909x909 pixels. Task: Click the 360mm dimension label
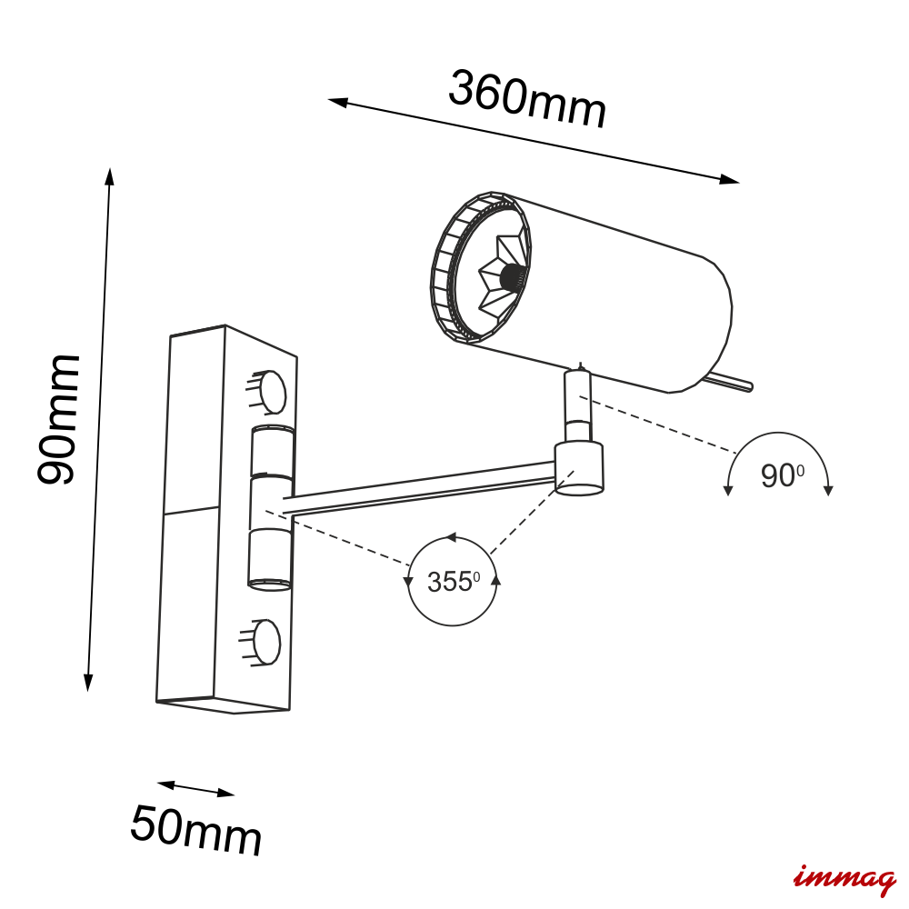click(527, 99)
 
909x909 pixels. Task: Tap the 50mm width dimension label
click(196, 830)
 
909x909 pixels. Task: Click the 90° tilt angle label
click(782, 475)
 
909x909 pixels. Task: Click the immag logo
click(844, 879)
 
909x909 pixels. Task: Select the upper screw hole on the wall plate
click(271, 392)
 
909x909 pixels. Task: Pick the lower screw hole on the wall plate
click(266, 641)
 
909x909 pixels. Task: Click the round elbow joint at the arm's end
click(578, 468)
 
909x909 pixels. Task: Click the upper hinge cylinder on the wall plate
click(272, 452)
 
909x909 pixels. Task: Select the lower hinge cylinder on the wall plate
click(270, 559)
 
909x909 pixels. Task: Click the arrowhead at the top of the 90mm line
click(110, 176)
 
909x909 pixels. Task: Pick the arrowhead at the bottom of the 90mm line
click(88, 683)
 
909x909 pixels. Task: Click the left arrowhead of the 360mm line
click(338, 102)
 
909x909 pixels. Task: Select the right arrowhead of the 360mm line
click(729, 179)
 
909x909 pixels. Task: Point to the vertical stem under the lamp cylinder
click(577, 405)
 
